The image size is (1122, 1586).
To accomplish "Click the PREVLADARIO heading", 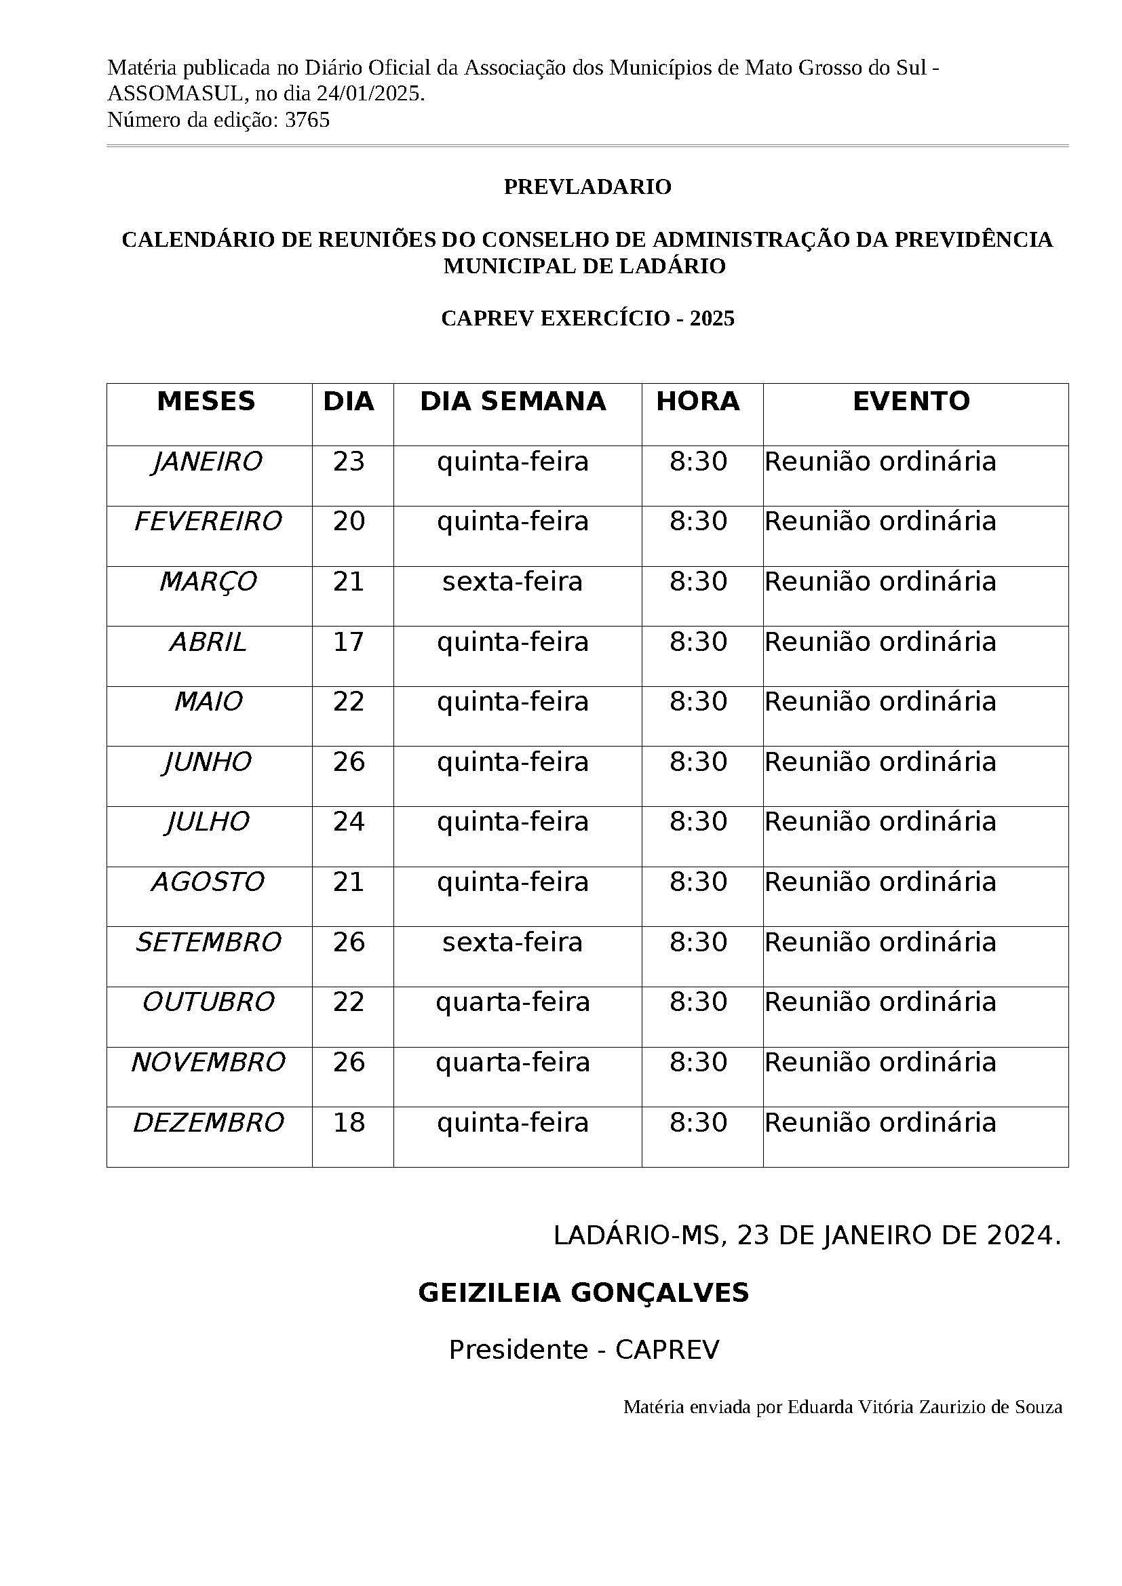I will pos(587,187).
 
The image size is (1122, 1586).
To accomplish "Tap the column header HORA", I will pos(698,401).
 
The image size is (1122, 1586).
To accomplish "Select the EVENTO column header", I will pos(911,401).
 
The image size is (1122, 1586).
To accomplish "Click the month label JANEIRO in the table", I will pos(208,462).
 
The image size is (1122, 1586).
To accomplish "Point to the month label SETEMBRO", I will pos(208,943).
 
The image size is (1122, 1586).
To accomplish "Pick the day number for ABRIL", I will pos(348,641).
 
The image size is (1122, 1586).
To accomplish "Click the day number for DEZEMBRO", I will pos(348,1122).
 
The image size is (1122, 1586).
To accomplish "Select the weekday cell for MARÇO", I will pos(513,582).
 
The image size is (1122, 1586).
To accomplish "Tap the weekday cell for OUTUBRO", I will pos(513,1002).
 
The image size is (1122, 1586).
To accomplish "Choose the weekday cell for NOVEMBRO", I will pos(513,1063).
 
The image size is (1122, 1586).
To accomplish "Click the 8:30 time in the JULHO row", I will pos(698,822).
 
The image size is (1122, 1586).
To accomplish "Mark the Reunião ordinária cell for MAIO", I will pos(881,702).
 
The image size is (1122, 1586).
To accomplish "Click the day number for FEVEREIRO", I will pos(348,521).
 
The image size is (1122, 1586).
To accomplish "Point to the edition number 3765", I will pos(307,120).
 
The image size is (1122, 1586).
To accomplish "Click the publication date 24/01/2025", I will pos(370,94).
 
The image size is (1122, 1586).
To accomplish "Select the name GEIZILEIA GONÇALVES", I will pos(583,1293).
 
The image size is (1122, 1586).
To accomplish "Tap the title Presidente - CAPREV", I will pos(584,1349).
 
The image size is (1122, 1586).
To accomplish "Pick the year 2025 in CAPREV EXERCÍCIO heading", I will pos(712,319).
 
